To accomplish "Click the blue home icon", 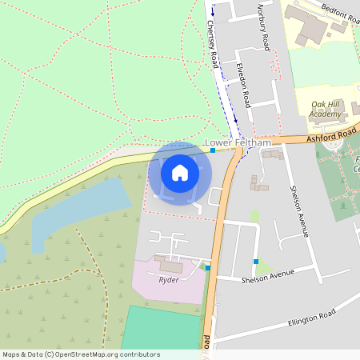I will [180, 173].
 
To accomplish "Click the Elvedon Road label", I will [243, 87].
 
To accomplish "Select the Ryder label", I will [168, 280].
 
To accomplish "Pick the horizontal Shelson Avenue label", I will [267, 276].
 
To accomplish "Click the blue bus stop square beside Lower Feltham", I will [213, 150].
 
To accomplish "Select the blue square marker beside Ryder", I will [207, 268].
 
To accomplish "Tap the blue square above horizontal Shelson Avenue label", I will [255, 262].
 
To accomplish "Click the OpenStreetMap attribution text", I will [81, 354].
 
